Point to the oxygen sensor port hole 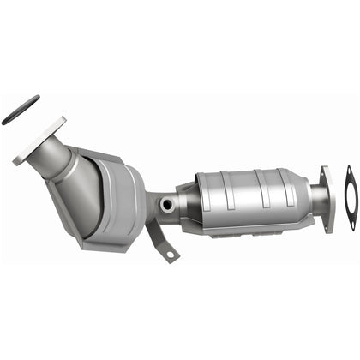point(166,205)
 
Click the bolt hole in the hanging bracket point(170,255)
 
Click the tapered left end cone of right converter point(189,199)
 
